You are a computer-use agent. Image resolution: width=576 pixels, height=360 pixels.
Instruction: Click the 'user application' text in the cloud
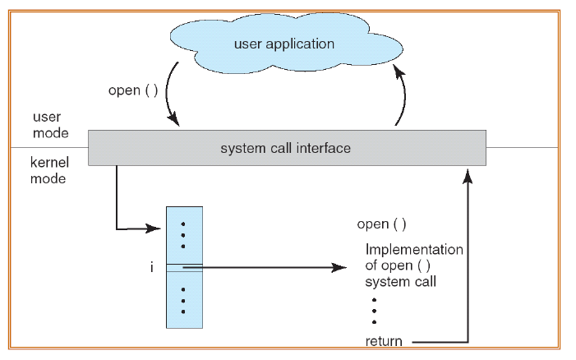[284, 44]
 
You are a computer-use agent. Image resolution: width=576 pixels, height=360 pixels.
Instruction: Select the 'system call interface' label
[285, 148]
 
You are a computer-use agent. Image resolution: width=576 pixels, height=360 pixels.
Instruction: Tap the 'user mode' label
[51, 125]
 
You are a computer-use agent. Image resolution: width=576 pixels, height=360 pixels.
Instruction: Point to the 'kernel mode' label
[49, 170]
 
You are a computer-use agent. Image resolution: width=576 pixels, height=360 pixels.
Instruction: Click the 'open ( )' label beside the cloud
[133, 90]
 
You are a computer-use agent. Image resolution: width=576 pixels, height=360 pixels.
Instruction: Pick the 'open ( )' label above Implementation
[382, 224]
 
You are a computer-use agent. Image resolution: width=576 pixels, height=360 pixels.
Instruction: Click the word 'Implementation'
[414, 249]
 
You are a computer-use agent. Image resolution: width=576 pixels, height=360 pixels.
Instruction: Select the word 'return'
[384, 341]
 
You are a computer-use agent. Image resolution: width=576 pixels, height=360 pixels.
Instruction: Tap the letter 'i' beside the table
[152, 267]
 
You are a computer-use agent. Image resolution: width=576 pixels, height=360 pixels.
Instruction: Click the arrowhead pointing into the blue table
[154, 228]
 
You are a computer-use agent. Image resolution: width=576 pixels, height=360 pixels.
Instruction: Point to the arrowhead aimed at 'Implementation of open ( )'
[339, 267]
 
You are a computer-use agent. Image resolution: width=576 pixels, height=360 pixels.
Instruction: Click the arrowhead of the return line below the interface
[468, 177]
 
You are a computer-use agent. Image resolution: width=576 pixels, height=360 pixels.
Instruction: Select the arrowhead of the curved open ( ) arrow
[173, 119]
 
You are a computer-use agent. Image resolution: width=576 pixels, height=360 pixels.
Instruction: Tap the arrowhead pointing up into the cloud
[399, 72]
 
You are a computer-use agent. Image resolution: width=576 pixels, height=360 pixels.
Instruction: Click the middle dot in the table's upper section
[183, 235]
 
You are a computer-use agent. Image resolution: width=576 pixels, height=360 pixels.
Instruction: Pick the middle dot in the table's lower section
[183, 301]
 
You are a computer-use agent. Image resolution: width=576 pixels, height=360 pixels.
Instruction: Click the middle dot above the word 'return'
[375, 311]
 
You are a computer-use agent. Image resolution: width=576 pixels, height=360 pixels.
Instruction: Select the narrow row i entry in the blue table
[184, 268]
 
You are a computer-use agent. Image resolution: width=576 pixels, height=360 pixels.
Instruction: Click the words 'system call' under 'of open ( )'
[400, 282]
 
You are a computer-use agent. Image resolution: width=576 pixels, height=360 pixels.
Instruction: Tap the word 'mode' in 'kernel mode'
[48, 179]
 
